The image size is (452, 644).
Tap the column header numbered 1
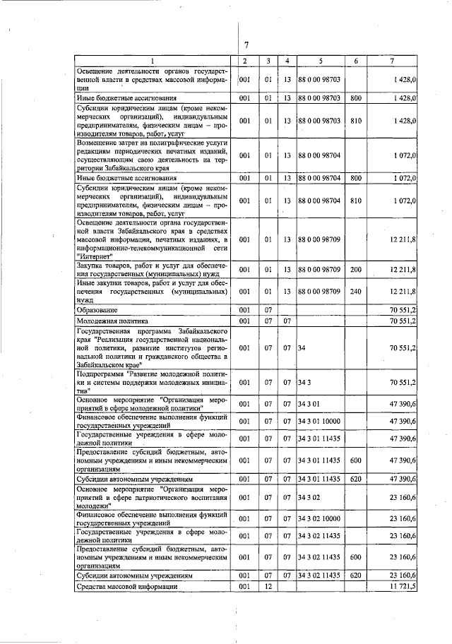(x=152, y=61)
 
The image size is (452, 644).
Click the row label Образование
(x=97, y=310)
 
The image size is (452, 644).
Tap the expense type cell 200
(x=355, y=270)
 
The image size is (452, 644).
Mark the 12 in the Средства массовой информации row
(x=268, y=587)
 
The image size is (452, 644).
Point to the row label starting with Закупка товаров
(x=152, y=270)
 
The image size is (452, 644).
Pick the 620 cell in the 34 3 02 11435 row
(x=355, y=576)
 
